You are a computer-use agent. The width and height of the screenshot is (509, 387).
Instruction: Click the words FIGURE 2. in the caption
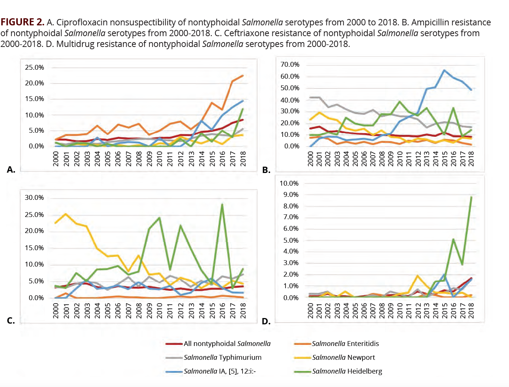[22, 22]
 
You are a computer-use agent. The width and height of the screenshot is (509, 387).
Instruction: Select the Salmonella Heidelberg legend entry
[347, 371]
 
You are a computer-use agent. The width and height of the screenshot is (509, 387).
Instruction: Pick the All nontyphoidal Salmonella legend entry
[227, 344]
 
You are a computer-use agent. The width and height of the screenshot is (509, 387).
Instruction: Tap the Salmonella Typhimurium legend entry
[222, 358]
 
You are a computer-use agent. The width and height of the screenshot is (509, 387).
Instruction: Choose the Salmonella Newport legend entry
[343, 358]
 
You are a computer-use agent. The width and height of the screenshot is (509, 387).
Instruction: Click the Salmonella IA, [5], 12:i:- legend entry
[219, 371]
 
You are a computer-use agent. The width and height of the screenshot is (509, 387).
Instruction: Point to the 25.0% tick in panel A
[34, 67]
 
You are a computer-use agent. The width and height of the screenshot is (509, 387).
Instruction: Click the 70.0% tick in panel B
[290, 64]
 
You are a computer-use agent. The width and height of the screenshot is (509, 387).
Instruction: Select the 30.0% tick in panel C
[34, 198]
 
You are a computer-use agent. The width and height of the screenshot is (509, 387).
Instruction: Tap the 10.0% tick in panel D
[289, 183]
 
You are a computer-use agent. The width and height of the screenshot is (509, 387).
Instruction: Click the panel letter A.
[11, 170]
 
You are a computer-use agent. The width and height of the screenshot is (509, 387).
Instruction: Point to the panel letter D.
[266, 321]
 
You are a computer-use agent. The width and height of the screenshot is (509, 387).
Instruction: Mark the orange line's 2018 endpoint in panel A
[243, 76]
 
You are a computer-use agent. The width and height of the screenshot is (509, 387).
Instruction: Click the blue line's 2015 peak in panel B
[444, 70]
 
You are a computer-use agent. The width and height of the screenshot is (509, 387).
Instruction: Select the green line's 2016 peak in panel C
[222, 204]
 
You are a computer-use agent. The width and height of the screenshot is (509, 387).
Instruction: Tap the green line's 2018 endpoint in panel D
[471, 197]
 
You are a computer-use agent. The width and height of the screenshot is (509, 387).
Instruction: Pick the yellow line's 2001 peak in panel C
[66, 214]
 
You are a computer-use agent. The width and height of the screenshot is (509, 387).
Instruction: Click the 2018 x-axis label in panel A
[243, 158]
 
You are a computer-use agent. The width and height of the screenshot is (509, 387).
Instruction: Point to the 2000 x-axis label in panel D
[310, 311]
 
